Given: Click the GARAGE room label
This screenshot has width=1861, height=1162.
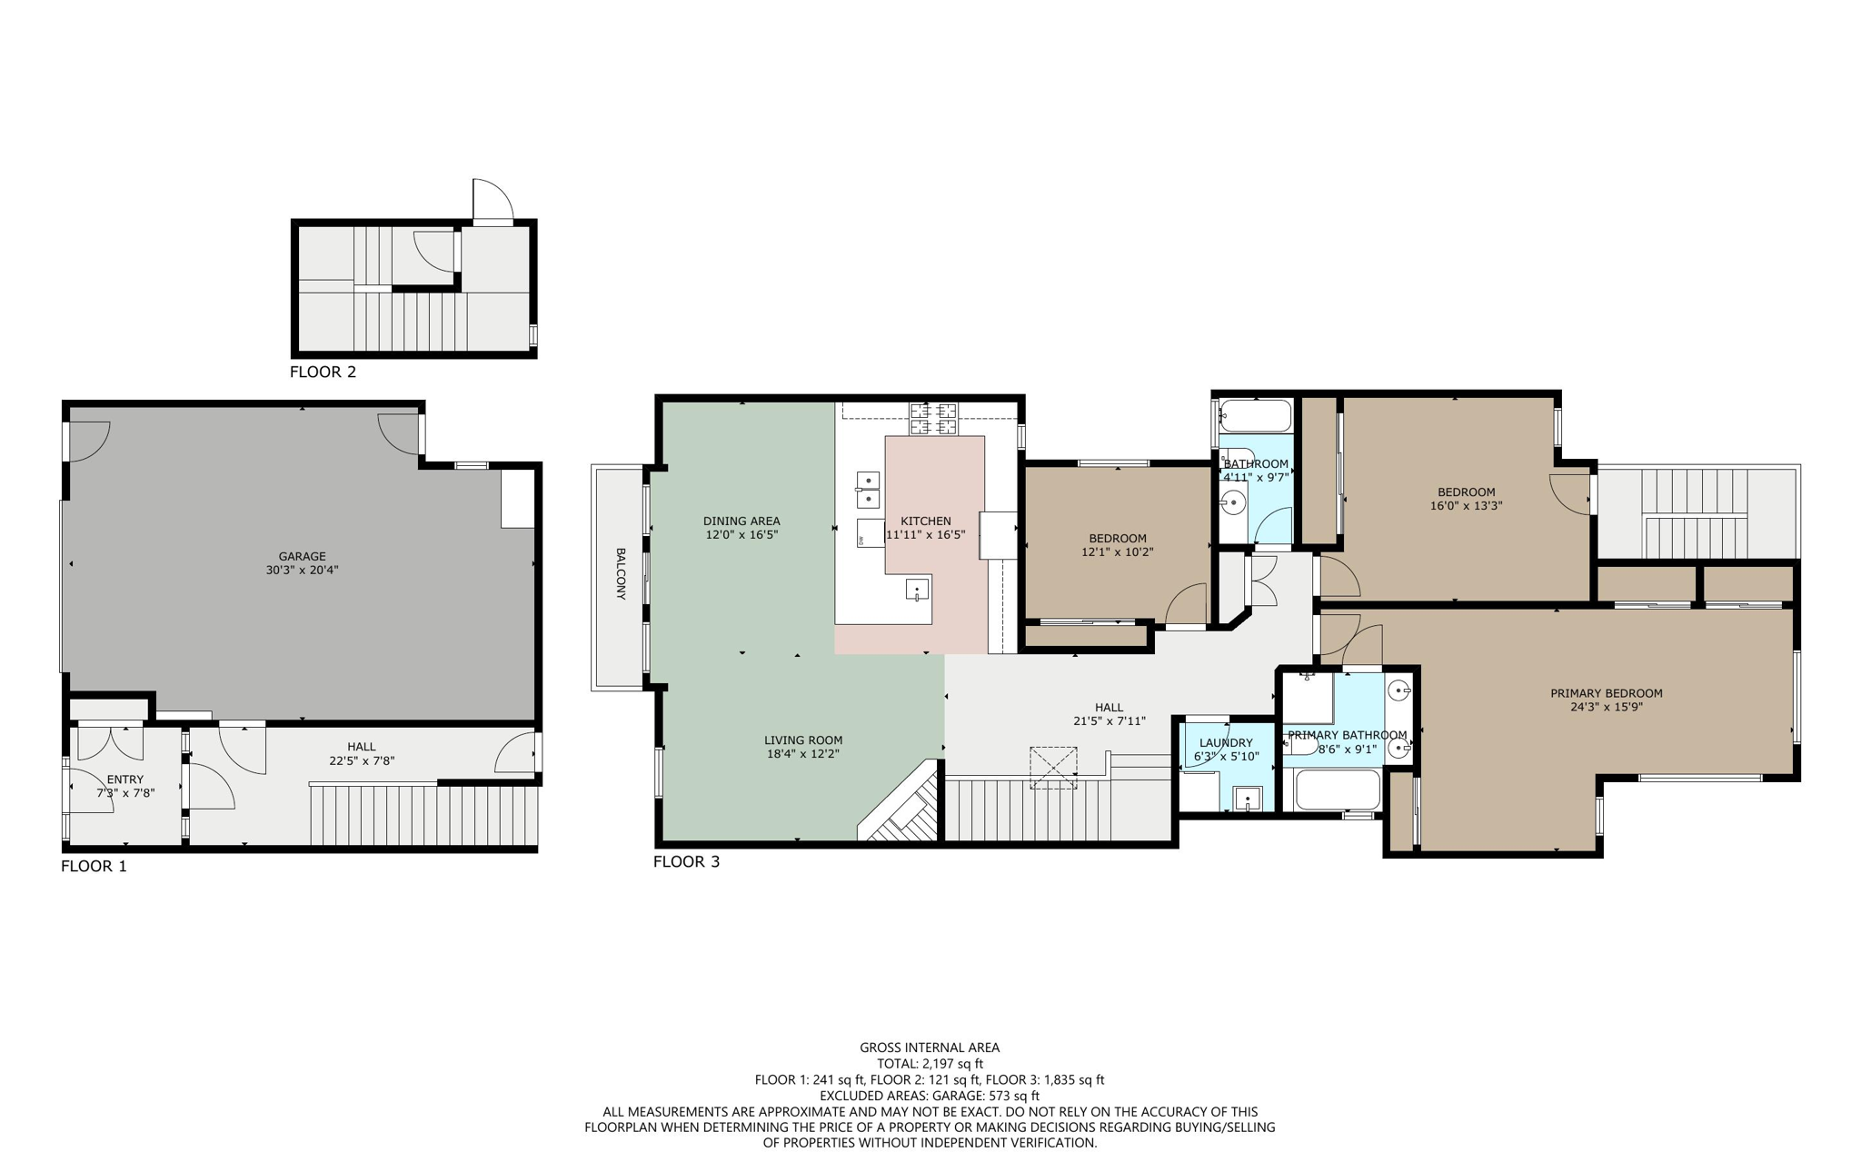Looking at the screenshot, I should (302, 556).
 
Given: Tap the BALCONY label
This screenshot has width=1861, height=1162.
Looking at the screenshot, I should (621, 573).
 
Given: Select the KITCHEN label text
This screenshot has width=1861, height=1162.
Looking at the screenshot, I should (925, 521).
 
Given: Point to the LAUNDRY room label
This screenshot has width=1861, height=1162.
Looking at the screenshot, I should (1225, 742).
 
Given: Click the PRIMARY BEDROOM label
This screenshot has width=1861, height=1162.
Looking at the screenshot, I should (1606, 693).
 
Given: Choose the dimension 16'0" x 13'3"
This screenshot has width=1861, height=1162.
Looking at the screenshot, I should (1466, 506).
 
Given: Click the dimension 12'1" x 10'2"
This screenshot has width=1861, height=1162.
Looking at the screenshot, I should (1117, 551).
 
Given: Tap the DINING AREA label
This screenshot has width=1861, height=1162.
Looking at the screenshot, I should (741, 521).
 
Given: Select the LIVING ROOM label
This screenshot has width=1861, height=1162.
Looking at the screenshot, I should (802, 740).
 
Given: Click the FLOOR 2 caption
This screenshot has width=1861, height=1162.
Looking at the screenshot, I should (323, 372).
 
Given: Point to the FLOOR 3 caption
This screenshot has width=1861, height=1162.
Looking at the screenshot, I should (686, 861).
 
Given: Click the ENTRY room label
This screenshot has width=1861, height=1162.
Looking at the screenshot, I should (125, 779).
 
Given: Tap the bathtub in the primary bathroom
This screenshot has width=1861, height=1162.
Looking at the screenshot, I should (1338, 790).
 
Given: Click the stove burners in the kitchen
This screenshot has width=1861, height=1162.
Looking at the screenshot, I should (933, 419).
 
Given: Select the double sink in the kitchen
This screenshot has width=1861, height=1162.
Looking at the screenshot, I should (869, 490).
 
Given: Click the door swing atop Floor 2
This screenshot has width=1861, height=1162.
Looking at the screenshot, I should (492, 201).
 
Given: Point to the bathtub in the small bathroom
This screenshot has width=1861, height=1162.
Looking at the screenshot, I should (1256, 416).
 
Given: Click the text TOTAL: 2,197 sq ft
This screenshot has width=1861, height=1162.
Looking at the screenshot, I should (930, 1063).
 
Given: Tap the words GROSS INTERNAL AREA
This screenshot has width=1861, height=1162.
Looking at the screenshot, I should (930, 1048).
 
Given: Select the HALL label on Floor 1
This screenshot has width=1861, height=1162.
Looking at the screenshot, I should (361, 747).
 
